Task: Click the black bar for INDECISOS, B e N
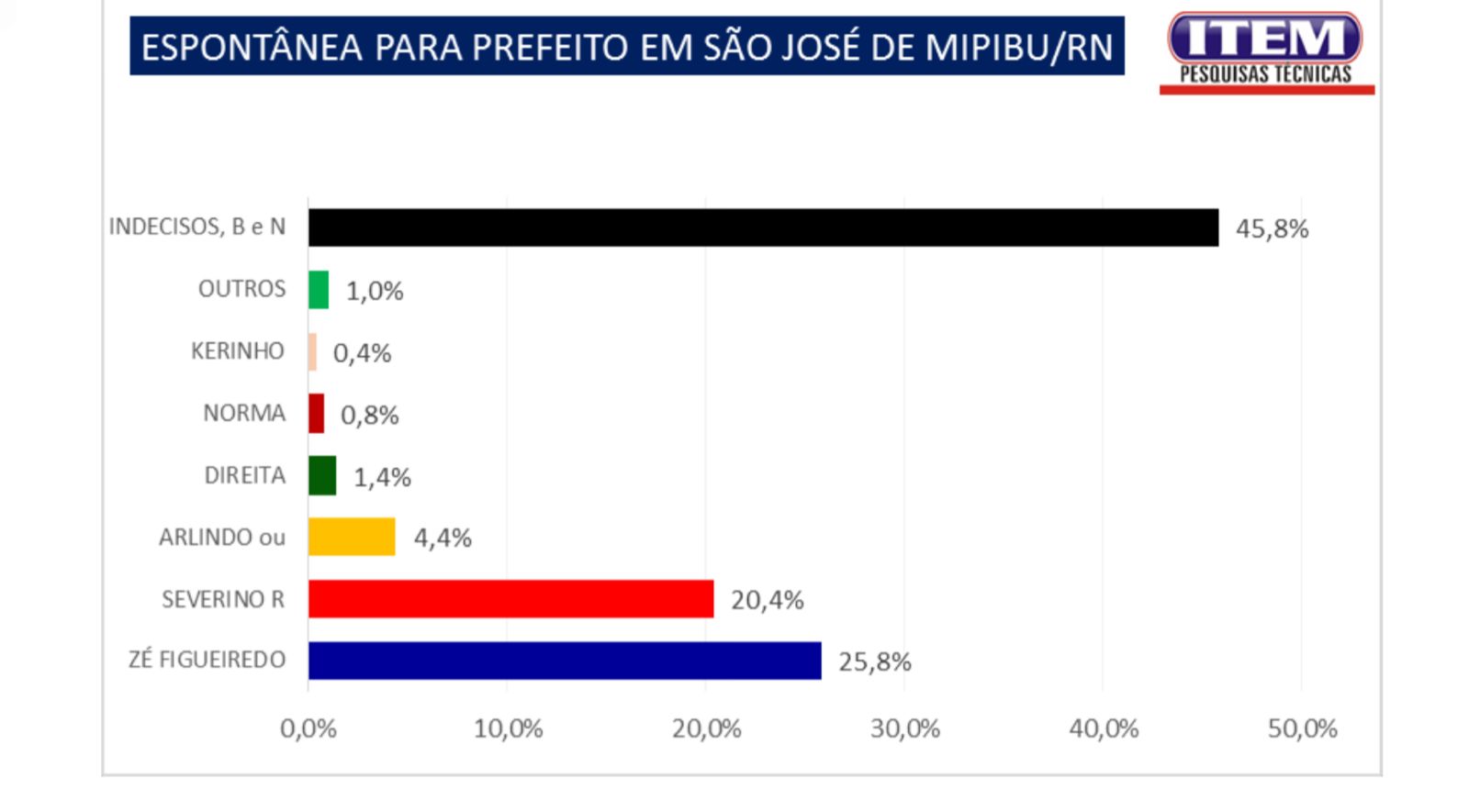pyautogui.click(x=762, y=228)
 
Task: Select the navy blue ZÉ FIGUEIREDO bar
pyautogui.click(x=565, y=661)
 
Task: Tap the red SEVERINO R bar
pyautogui.click(x=510, y=599)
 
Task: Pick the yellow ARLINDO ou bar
pyautogui.click(x=352, y=537)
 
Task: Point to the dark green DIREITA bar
pyautogui.click(x=322, y=475)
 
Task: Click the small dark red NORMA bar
pyautogui.click(x=316, y=414)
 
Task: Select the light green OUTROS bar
pyautogui.click(x=319, y=290)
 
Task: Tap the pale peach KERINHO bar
pyautogui.click(x=312, y=352)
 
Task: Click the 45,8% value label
pyautogui.click(x=1272, y=228)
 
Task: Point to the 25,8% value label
pyautogui.click(x=874, y=661)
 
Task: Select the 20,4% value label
pyautogui.click(x=767, y=600)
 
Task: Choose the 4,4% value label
pyautogui.click(x=443, y=538)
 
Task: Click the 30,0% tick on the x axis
pyautogui.click(x=904, y=728)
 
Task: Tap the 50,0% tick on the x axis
pyautogui.click(x=1302, y=728)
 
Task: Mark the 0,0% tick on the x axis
pyautogui.click(x=308, y=728)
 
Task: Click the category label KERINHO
pyautogui.click(x=238, y=351)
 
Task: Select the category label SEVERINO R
pyautogui.click(x=223, y=599)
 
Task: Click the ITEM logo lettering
pyautogui.click(x=1265, y=39)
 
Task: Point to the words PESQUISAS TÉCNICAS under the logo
pyautogui.click(x=1265, y=74)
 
